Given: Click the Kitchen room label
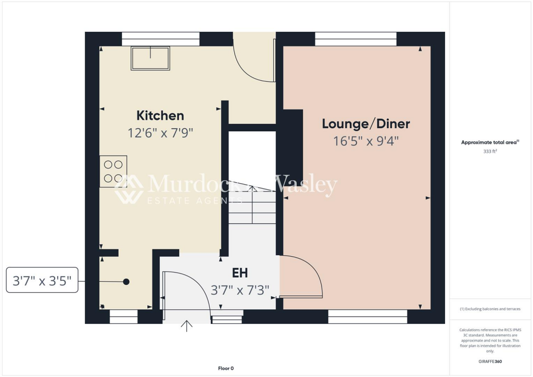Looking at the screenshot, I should click(x=160, y=116).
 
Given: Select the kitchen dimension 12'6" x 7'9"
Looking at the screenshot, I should click(x=160, y=133).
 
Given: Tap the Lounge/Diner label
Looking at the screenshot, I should click(x=366, y=124).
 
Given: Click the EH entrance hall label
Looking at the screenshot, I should click(x=239, y=273).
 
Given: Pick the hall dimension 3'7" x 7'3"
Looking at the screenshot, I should click(x=240, y=290).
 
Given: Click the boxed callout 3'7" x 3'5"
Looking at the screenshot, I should click(x=42, y=282).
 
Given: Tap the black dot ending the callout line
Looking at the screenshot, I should click(x=126, y=282).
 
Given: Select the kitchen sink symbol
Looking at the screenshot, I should click(x=150, y=58).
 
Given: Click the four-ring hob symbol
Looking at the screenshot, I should click(x=113, y=171).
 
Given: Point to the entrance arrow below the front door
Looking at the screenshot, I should click(x=186, y=326).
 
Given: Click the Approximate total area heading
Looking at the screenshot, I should click(x=490, y=142).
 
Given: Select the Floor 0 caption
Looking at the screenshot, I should click(x=225, y=369).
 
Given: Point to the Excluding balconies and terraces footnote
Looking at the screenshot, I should click(x=490, y=309).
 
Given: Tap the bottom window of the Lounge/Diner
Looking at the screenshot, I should click(x=367, y=317).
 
